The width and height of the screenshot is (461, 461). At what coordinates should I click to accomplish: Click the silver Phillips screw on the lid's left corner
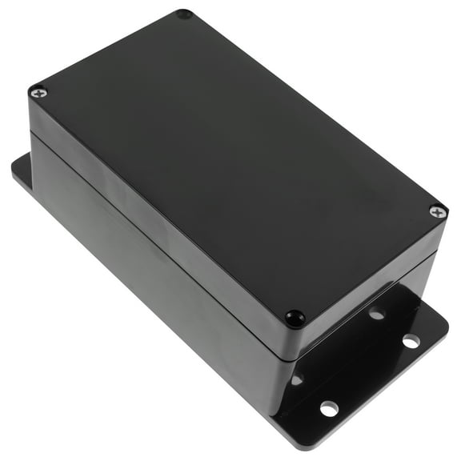[38, 93]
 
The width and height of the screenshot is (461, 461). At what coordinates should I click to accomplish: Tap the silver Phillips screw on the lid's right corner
[437, 211]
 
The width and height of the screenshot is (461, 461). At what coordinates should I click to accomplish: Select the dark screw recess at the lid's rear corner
[183, 14]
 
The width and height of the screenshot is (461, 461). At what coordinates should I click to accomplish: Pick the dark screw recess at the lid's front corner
[295, 317]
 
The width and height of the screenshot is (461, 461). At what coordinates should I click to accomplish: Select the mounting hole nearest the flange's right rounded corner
[411, 341]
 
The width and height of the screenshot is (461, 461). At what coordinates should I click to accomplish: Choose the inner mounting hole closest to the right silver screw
[377, 314]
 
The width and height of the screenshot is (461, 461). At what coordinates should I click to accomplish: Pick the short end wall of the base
[360, 336]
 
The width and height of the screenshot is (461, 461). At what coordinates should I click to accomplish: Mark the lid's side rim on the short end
[368, 276]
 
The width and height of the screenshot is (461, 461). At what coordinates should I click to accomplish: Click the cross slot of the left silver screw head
[38, 93]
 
